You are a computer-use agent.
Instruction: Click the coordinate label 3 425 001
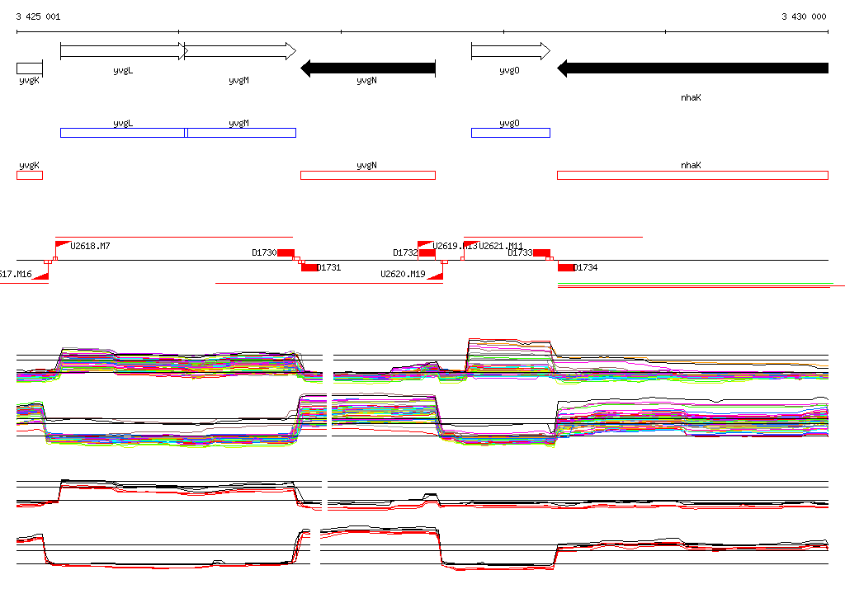coord(38,16)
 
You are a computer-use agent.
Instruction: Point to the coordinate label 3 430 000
coord(804,16)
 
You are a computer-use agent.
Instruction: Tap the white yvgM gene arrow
coord(240,51)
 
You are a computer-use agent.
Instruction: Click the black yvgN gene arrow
coord(368,68)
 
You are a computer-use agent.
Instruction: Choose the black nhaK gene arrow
coord(692,68)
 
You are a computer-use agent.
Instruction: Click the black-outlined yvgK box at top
coord(29,68)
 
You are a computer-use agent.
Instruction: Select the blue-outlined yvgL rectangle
coord(122,133)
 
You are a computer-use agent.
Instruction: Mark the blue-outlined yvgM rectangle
coord(241,133)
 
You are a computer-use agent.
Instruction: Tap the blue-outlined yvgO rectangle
coord(510,133)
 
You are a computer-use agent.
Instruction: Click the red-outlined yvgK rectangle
coord(29,175)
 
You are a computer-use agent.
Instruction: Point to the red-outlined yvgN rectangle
coord(367,175)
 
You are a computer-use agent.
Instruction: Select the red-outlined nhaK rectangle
coord(692,175)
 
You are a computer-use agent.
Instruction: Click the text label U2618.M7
coord(91,246)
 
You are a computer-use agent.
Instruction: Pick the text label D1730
coord(263,253)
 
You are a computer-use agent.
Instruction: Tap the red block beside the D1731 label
coord(309,267)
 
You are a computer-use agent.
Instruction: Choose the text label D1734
coord(585,267)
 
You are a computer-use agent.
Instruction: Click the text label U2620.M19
coord(403,275)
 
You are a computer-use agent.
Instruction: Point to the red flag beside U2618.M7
coord(63,244)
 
